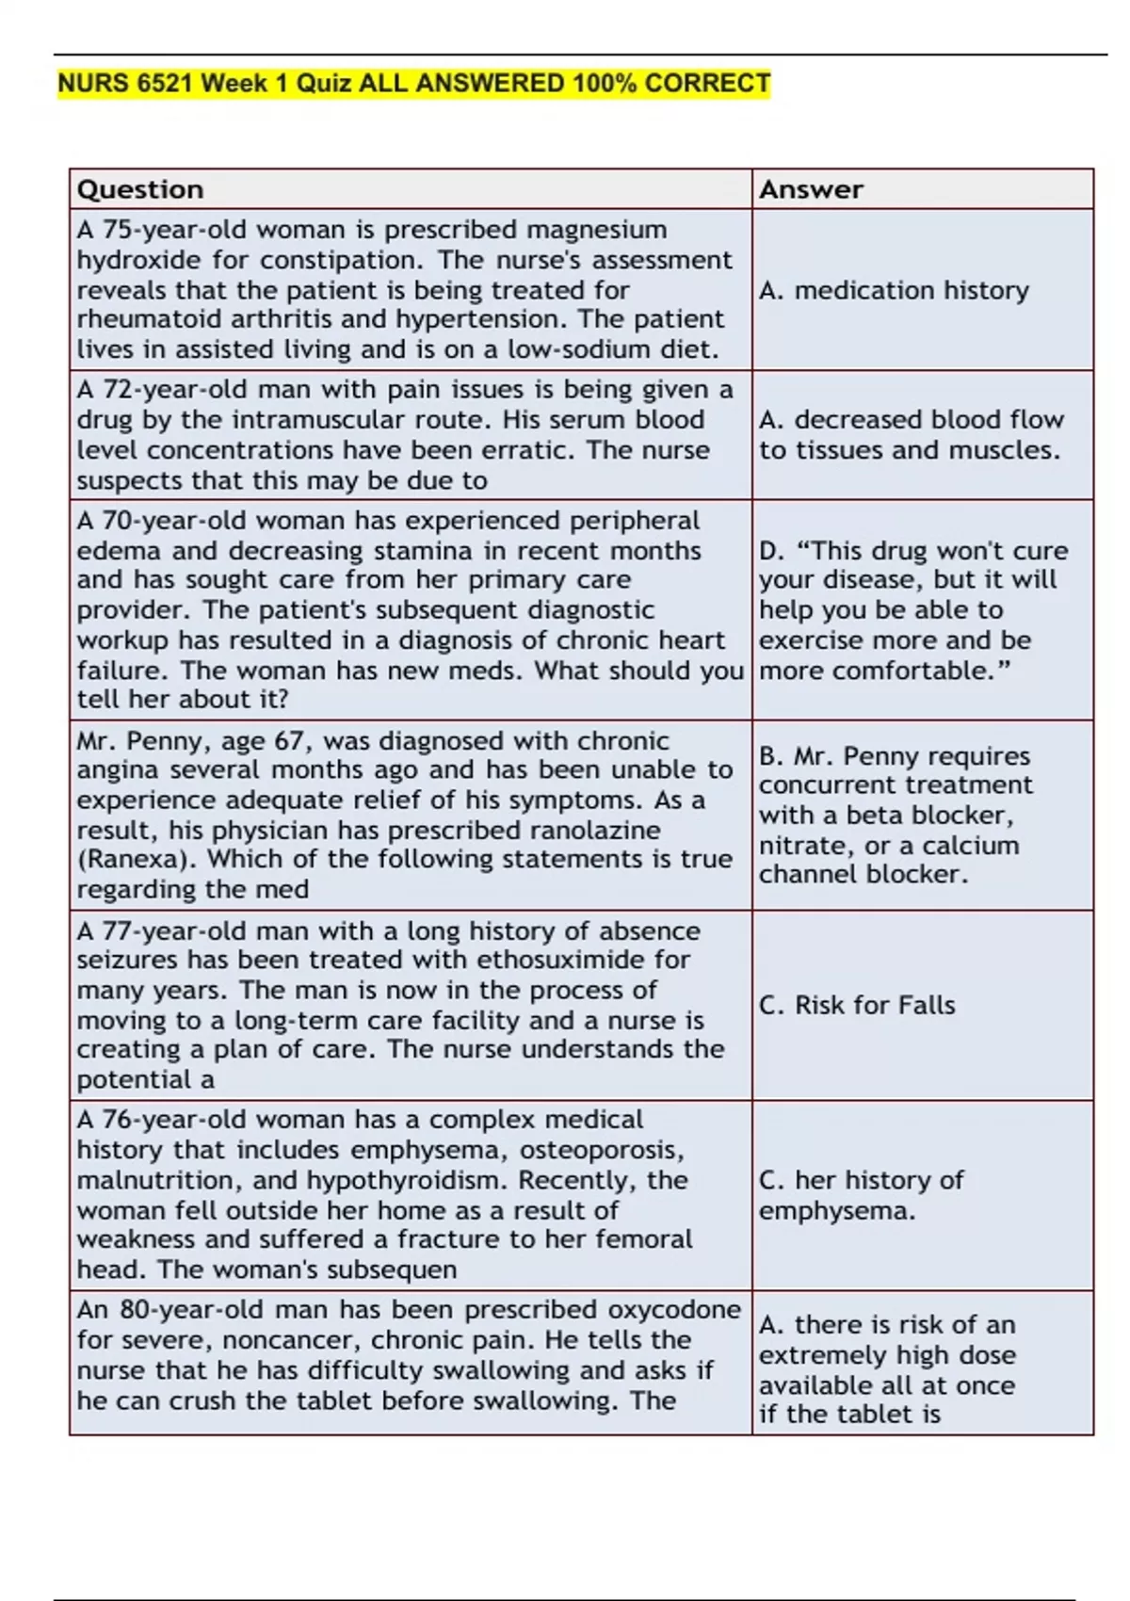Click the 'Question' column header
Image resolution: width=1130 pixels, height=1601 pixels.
(x=140, y=189)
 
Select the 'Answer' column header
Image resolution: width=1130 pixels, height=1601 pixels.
(x=811, y=189)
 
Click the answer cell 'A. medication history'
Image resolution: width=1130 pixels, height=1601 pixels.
(x=894, y=290)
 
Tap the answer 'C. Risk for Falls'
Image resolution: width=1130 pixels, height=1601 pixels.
(x=857, y=1005)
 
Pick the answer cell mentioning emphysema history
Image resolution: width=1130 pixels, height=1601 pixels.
(x=861, y=1195)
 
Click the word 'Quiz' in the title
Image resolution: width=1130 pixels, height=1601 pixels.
(x=325, y=84)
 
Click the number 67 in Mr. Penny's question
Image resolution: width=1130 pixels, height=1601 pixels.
(x=290, y=740)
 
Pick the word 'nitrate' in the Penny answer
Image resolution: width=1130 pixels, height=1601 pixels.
(x=802, y=845)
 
